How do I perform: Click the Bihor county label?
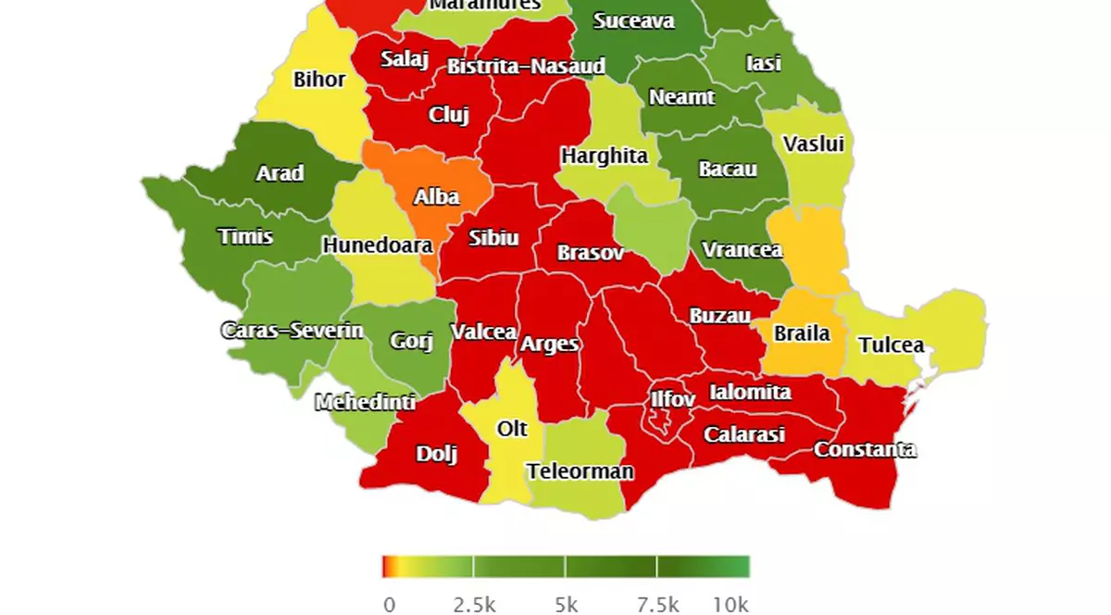tap(319, 80)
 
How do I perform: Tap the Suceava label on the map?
tap(634, 20)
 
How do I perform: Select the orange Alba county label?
tap(436, 196)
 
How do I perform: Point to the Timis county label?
tap(245, 236)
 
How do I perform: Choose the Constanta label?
tap(865, 450)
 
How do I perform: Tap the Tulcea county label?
tap(891, 345)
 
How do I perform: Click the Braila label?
tap(802, 333)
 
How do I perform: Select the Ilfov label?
tap(672, 399)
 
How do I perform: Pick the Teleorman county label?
tap(580, 471)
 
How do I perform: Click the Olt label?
tap(512, 429)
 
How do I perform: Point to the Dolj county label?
tap(437, 454)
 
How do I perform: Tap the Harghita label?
tap(605, 156)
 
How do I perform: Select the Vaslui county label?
tap(813, 144)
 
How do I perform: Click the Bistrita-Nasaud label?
tap(526, 67)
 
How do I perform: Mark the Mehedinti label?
tap(365, 403)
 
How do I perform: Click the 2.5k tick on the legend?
tap(474, 605)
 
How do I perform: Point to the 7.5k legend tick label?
tap(657, 605)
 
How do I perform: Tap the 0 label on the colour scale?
tap(389, 605)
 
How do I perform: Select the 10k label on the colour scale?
tap(730, 605)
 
